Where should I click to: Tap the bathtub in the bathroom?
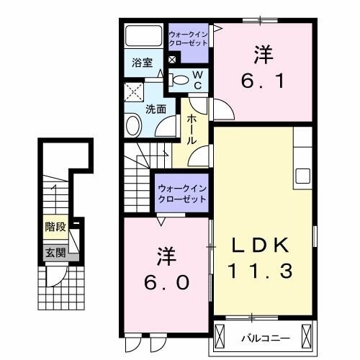[x=144, y=36]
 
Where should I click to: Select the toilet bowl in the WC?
[x=181, y=80]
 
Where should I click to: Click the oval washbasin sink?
[x=134, y=126]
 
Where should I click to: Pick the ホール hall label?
[x=193, y=130]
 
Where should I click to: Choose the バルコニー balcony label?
[x=268, y=336]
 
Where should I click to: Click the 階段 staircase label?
[x=55, y=227]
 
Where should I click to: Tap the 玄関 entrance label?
[x=55, y=252]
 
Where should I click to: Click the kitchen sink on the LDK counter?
[x=302, y=176]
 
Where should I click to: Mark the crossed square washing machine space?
[x=133, y=92]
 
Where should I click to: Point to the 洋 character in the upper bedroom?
[x=263, y=54]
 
